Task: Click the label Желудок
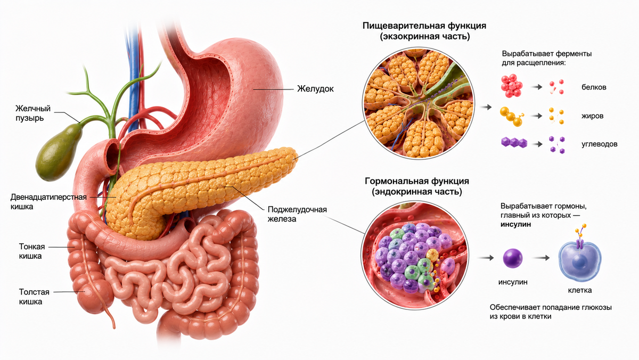point(315,89)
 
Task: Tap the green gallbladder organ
point(59,153)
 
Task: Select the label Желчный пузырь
point(33,113)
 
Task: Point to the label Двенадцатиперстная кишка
point(48,202)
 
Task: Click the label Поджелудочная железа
point(297,214)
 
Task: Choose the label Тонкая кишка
point(32,251)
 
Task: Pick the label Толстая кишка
point(34,297)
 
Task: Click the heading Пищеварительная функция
point(424,26)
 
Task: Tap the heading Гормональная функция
point(417,181)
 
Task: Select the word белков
point(594,87)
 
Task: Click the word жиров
point(593,116)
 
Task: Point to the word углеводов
point(600,144)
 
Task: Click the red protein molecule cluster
point(512,86)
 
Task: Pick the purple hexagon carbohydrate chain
point(514,142)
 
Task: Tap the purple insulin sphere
point(513,258)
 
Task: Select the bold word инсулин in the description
point(516,224)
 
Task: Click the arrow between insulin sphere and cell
point(541,258)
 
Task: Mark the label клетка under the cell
point(580,290)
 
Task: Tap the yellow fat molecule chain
point(512,117)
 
